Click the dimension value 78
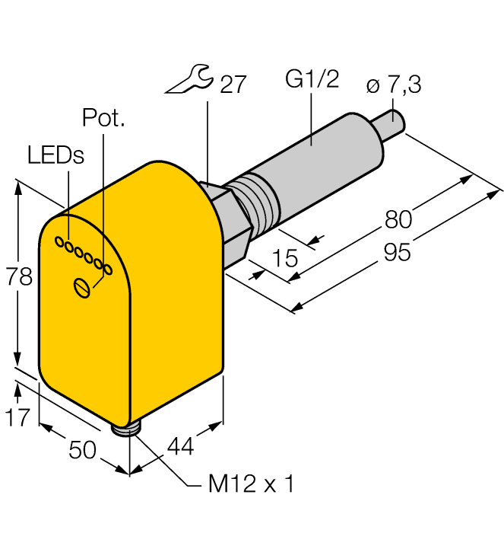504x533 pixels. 20,277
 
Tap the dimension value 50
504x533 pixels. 82,450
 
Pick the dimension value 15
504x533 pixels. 284,258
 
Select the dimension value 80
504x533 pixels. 398,219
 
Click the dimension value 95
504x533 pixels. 396,252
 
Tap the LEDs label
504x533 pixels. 55,155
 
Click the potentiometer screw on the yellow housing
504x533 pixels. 83,287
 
